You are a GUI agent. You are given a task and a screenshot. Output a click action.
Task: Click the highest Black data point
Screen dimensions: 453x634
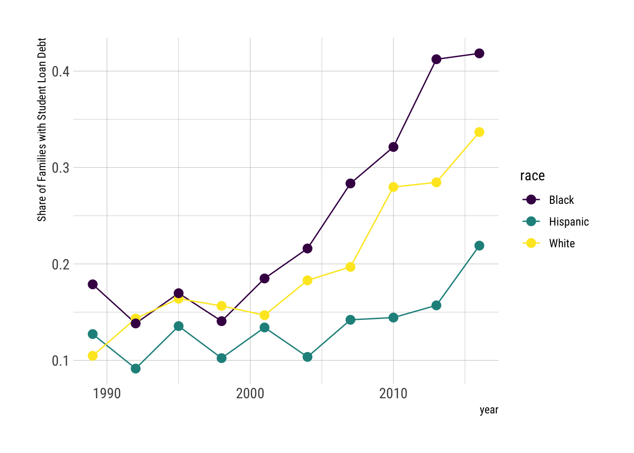479,53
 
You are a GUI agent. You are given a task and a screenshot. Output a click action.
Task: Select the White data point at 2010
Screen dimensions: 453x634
393,187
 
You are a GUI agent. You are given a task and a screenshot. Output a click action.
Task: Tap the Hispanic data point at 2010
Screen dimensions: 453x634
393,318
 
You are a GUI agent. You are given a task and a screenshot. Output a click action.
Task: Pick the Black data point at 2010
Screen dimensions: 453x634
393,147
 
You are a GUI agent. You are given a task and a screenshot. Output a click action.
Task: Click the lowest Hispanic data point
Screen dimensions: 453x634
135,369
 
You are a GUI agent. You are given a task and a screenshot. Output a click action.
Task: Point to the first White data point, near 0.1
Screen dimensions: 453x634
92,356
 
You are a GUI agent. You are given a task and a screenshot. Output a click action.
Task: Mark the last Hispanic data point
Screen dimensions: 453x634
479,245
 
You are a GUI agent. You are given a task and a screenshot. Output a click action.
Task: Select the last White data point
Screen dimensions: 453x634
479,132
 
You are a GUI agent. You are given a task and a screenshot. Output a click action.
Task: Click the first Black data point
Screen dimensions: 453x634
92,284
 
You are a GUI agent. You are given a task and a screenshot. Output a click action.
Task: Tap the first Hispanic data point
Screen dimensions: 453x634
92,334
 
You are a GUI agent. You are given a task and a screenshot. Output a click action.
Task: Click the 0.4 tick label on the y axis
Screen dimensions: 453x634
60,72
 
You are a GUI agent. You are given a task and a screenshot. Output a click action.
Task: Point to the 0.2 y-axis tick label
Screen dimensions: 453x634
60,264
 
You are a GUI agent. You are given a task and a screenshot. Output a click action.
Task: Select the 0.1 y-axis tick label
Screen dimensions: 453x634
60,361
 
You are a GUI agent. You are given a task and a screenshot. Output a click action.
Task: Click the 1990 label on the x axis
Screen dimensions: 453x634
107,394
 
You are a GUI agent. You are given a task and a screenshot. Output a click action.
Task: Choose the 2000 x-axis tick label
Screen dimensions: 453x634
250,394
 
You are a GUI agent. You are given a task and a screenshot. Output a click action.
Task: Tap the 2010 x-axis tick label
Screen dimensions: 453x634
393,394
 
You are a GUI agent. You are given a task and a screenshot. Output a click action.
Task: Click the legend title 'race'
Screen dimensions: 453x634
532,176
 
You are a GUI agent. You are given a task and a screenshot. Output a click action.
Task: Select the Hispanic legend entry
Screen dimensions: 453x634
568,222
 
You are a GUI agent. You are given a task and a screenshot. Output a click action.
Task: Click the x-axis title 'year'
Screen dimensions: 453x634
489,410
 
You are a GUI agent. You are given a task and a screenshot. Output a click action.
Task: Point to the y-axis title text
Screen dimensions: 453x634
42,130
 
